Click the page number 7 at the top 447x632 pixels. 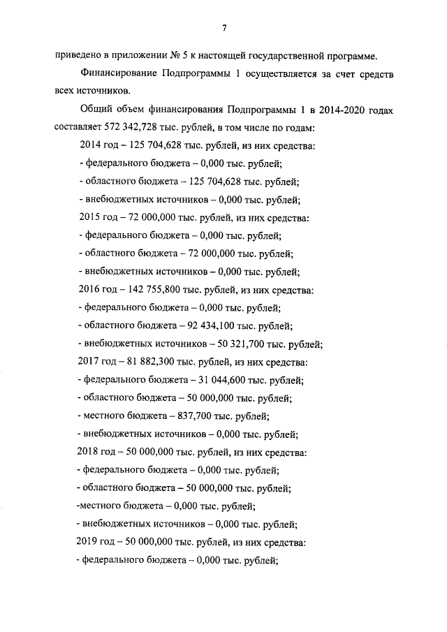pos(223,28)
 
